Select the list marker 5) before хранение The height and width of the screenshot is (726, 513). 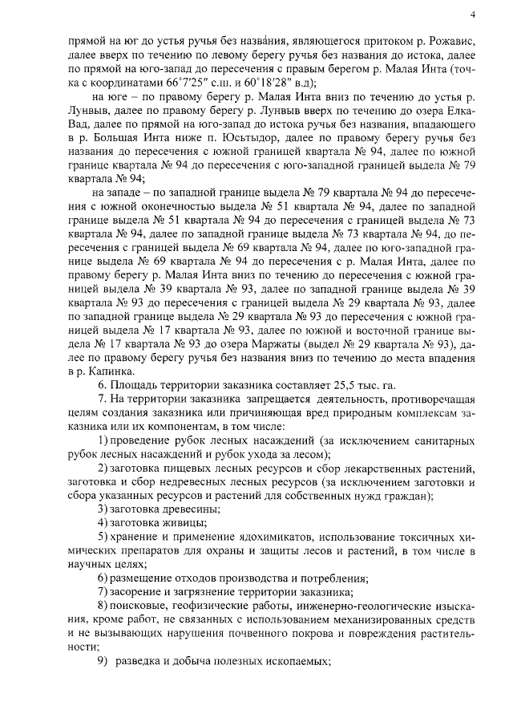[102, 537]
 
